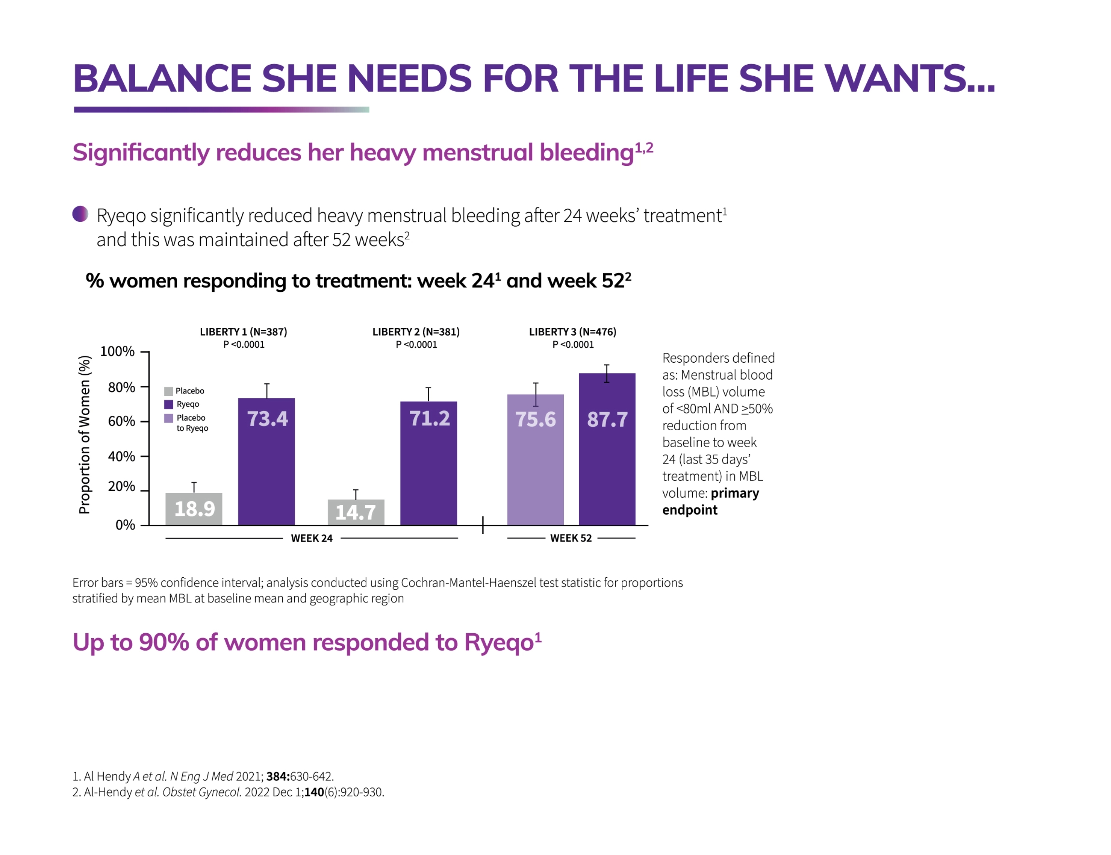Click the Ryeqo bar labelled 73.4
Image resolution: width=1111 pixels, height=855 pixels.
pyautogui.click(x=266, y=461)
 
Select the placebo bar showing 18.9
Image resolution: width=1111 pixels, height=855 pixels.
pyautogui.click(x=194, y=508)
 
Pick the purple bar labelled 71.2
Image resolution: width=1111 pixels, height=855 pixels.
pyautogui.click(x=428, y=463)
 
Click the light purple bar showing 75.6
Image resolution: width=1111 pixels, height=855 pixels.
pyautogui.click(x=535, y=459)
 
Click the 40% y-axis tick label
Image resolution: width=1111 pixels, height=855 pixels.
pyautogui.click(x=121, y=456)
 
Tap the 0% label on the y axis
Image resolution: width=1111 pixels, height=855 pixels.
pyautogui.click(x=125, y=525)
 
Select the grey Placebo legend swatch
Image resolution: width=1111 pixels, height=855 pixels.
pyautogui.click(x=168, y=391)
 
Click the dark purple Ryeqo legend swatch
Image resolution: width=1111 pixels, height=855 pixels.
pyautogui.click(x=168, y=404)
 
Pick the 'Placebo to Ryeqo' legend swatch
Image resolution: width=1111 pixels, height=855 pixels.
pyautogui.click(x=168, y=418)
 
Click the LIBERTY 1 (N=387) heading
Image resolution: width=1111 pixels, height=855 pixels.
pyautogui.click(x=243, y=332)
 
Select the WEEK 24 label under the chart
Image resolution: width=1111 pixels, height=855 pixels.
pyautogui.click(x=311, y=538)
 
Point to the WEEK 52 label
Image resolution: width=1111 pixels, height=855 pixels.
pyautogui.click(x=571, y=538)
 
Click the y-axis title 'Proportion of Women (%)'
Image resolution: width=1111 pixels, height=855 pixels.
pyautogui.click(x=85, y=434)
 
